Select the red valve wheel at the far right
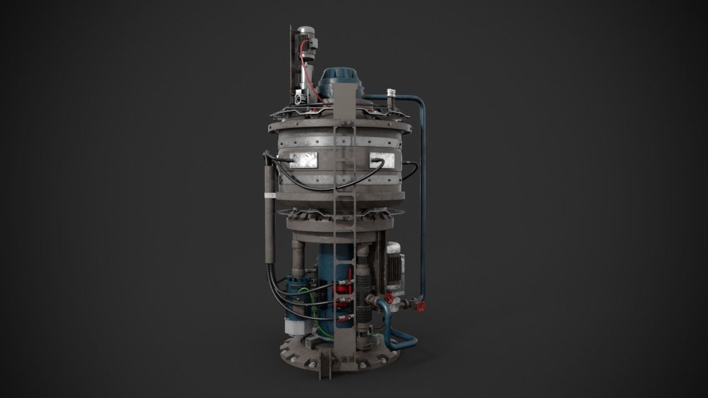tap(421, 308)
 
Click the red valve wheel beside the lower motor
tap(389, 298)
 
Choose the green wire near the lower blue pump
tap(308, 298)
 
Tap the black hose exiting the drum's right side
tap(410, 166)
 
